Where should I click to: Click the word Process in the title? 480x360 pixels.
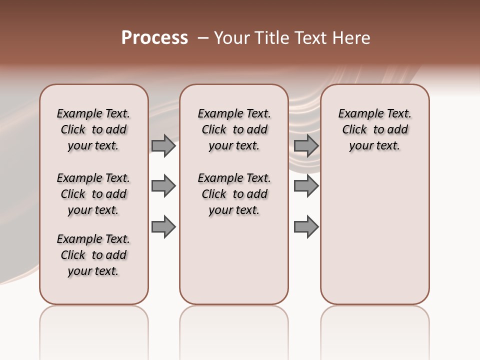[x=154, y=38]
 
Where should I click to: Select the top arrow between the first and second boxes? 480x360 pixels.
[x=163, y=145]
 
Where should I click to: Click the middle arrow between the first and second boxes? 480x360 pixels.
[x=163, y=186]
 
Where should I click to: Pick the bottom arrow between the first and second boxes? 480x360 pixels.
[x=163, y=226]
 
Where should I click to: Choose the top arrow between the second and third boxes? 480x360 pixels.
[x=306, y=145]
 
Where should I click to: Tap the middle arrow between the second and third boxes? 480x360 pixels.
[x=306, y=186]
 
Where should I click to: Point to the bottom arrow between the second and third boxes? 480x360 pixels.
[x=306, y=226]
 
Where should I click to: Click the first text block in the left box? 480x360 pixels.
[x=93, y=129]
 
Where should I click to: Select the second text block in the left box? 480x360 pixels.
[x=93, y=194]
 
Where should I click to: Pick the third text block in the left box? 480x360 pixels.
[x=93, y=255]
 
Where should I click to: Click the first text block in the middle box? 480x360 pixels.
[x=234, y=129]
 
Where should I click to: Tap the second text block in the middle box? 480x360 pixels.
[x=234, y=194]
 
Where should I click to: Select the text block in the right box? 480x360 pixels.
[x=375, y=129]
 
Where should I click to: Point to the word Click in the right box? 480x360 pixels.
[x=354, y=130]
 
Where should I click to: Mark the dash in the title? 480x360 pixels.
[x=203, y=38]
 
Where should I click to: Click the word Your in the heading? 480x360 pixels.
[x=231, y=38]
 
